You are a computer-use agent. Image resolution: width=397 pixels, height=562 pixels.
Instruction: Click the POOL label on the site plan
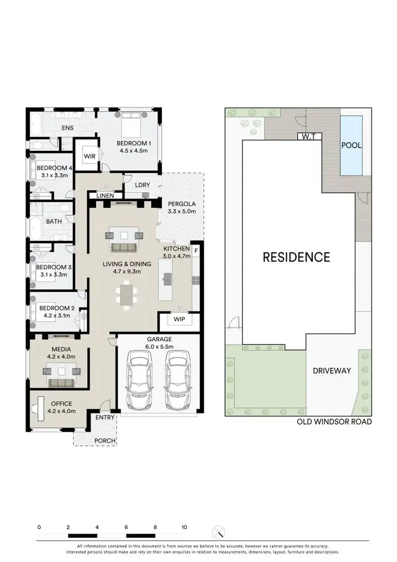[x=351, y=145]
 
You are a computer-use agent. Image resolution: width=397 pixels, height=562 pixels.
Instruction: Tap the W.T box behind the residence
[x=309, y=136]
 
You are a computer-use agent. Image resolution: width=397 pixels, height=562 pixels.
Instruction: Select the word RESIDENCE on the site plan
[x=296, y=257]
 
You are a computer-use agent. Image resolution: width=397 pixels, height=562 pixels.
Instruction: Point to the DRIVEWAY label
[x=331, y=371]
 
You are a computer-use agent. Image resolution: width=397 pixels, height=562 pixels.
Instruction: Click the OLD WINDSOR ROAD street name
[x=334, y=422]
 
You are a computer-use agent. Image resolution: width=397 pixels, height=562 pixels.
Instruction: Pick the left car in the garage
[x=140, y=381]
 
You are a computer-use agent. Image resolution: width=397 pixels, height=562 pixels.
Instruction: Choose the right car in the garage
[x=177, y=381]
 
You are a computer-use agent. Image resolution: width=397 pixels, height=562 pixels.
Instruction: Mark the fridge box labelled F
[x=196, y=250]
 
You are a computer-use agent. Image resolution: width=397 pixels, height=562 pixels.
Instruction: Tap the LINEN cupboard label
[x=105, y=196]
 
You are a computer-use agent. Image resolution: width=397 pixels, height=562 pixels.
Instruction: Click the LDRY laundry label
[x=143, y=185]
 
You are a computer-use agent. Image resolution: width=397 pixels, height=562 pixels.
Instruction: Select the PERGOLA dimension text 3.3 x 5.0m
[x=182, y=211]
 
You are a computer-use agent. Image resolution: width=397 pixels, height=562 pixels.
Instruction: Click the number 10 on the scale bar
[x=184, y=528]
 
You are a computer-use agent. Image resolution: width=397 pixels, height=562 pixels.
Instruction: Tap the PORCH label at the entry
[x=105, y=441]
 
